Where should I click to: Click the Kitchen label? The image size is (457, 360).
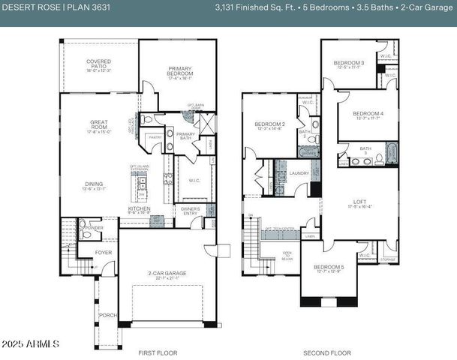click(139, 211)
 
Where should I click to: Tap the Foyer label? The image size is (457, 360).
click(104, 253)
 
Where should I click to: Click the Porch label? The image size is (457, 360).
click(107, 315)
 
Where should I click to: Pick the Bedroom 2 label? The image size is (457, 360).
click(269, 125)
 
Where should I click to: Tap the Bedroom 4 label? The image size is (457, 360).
click(368, 115)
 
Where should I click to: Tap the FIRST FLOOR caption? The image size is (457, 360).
click(158, 352)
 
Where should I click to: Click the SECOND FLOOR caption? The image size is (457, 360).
click(327, 352)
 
